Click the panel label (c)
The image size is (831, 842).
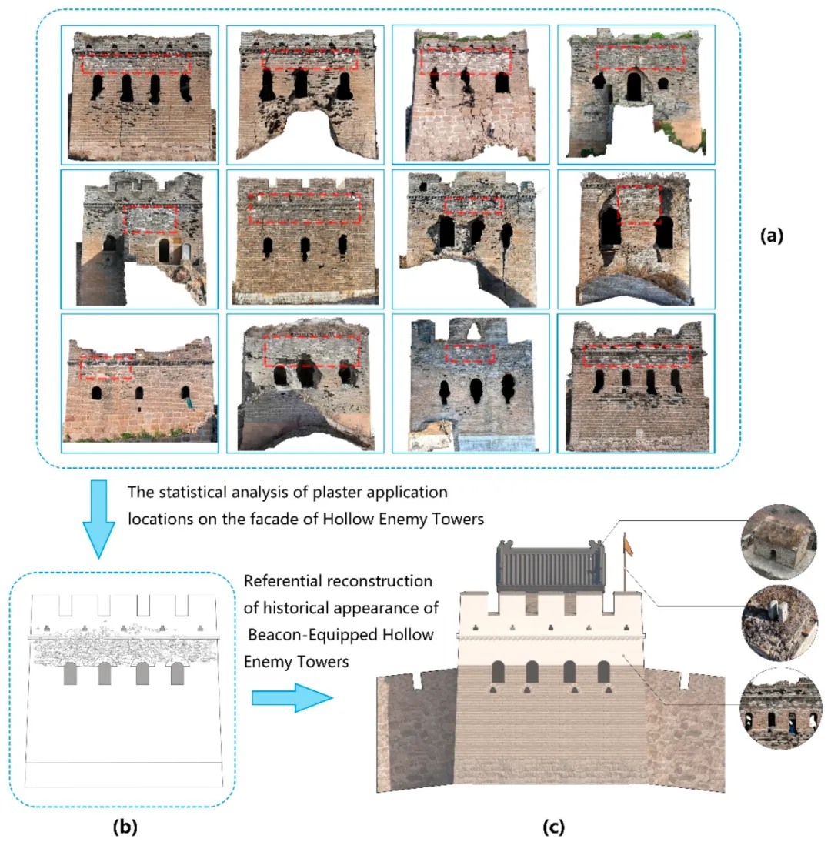(553, 827)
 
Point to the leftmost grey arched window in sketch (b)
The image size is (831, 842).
(69, 673)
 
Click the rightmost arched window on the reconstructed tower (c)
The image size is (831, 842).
(604, 671)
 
